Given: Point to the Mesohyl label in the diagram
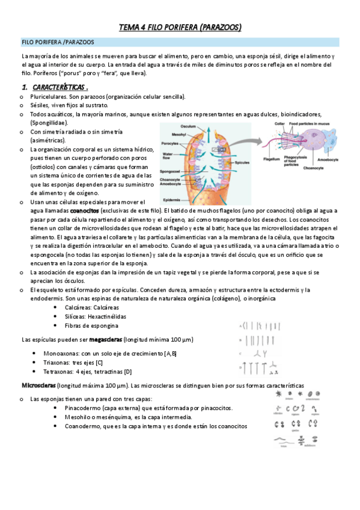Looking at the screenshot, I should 170,134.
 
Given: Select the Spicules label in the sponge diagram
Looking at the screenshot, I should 243,162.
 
